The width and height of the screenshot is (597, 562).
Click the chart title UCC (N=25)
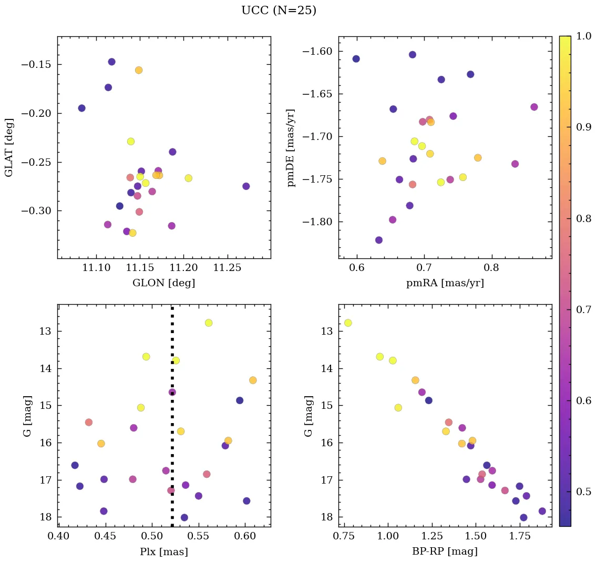[279, 11]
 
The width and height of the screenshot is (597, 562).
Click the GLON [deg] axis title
[163, 283]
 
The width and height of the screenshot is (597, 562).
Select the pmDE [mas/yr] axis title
[291, 148]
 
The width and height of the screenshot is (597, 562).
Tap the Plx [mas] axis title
[163, 551]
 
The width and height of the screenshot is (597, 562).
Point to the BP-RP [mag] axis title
[445, 551]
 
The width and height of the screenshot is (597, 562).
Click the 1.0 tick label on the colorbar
[584, 36]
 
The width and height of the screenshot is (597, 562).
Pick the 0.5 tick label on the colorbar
[584, 491]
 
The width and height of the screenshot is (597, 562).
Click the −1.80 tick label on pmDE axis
[317, 222]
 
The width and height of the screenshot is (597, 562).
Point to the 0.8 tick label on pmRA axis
[491, 269]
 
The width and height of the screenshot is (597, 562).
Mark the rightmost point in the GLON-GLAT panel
[246, 186]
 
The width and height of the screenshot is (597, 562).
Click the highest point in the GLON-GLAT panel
[111, 62]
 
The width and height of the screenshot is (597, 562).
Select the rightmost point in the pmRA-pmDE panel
[534, 107]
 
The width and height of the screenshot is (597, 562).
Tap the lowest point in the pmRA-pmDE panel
[379, 240]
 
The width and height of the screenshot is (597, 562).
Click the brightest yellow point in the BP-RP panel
[348, 323]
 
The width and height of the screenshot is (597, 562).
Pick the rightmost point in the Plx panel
[253, 380]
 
